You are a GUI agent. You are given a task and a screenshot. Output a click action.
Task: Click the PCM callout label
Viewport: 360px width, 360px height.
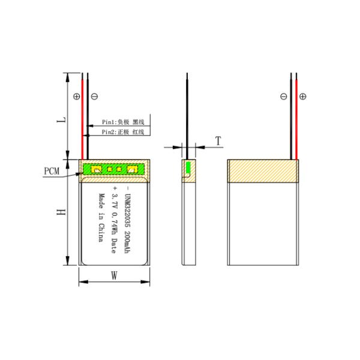pos(52,172)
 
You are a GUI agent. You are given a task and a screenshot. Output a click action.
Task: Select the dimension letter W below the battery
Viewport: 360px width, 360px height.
pos(114,276)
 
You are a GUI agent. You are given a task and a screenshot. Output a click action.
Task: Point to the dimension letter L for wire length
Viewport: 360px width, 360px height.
pos(60,120)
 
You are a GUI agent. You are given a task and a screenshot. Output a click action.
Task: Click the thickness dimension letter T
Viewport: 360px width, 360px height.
pos(218,141)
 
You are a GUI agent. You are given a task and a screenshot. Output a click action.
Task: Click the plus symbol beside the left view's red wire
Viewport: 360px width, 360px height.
pos(76,96)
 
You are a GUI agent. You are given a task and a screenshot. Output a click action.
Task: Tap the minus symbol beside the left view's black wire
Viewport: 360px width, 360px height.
pos(94,96)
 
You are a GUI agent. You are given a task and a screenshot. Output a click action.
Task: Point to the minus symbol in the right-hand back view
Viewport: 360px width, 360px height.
pos(284,96)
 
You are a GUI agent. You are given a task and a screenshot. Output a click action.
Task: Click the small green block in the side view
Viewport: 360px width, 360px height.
pos(187,169)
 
